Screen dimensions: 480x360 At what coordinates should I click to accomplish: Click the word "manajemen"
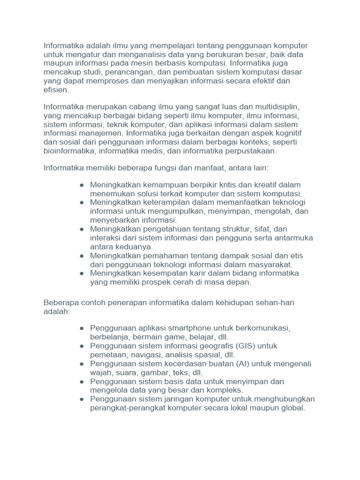(100, 133)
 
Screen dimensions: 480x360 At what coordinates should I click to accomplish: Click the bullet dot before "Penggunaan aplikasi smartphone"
(82, 328)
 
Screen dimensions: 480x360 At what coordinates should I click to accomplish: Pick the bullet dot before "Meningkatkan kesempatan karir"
(82, 273)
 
